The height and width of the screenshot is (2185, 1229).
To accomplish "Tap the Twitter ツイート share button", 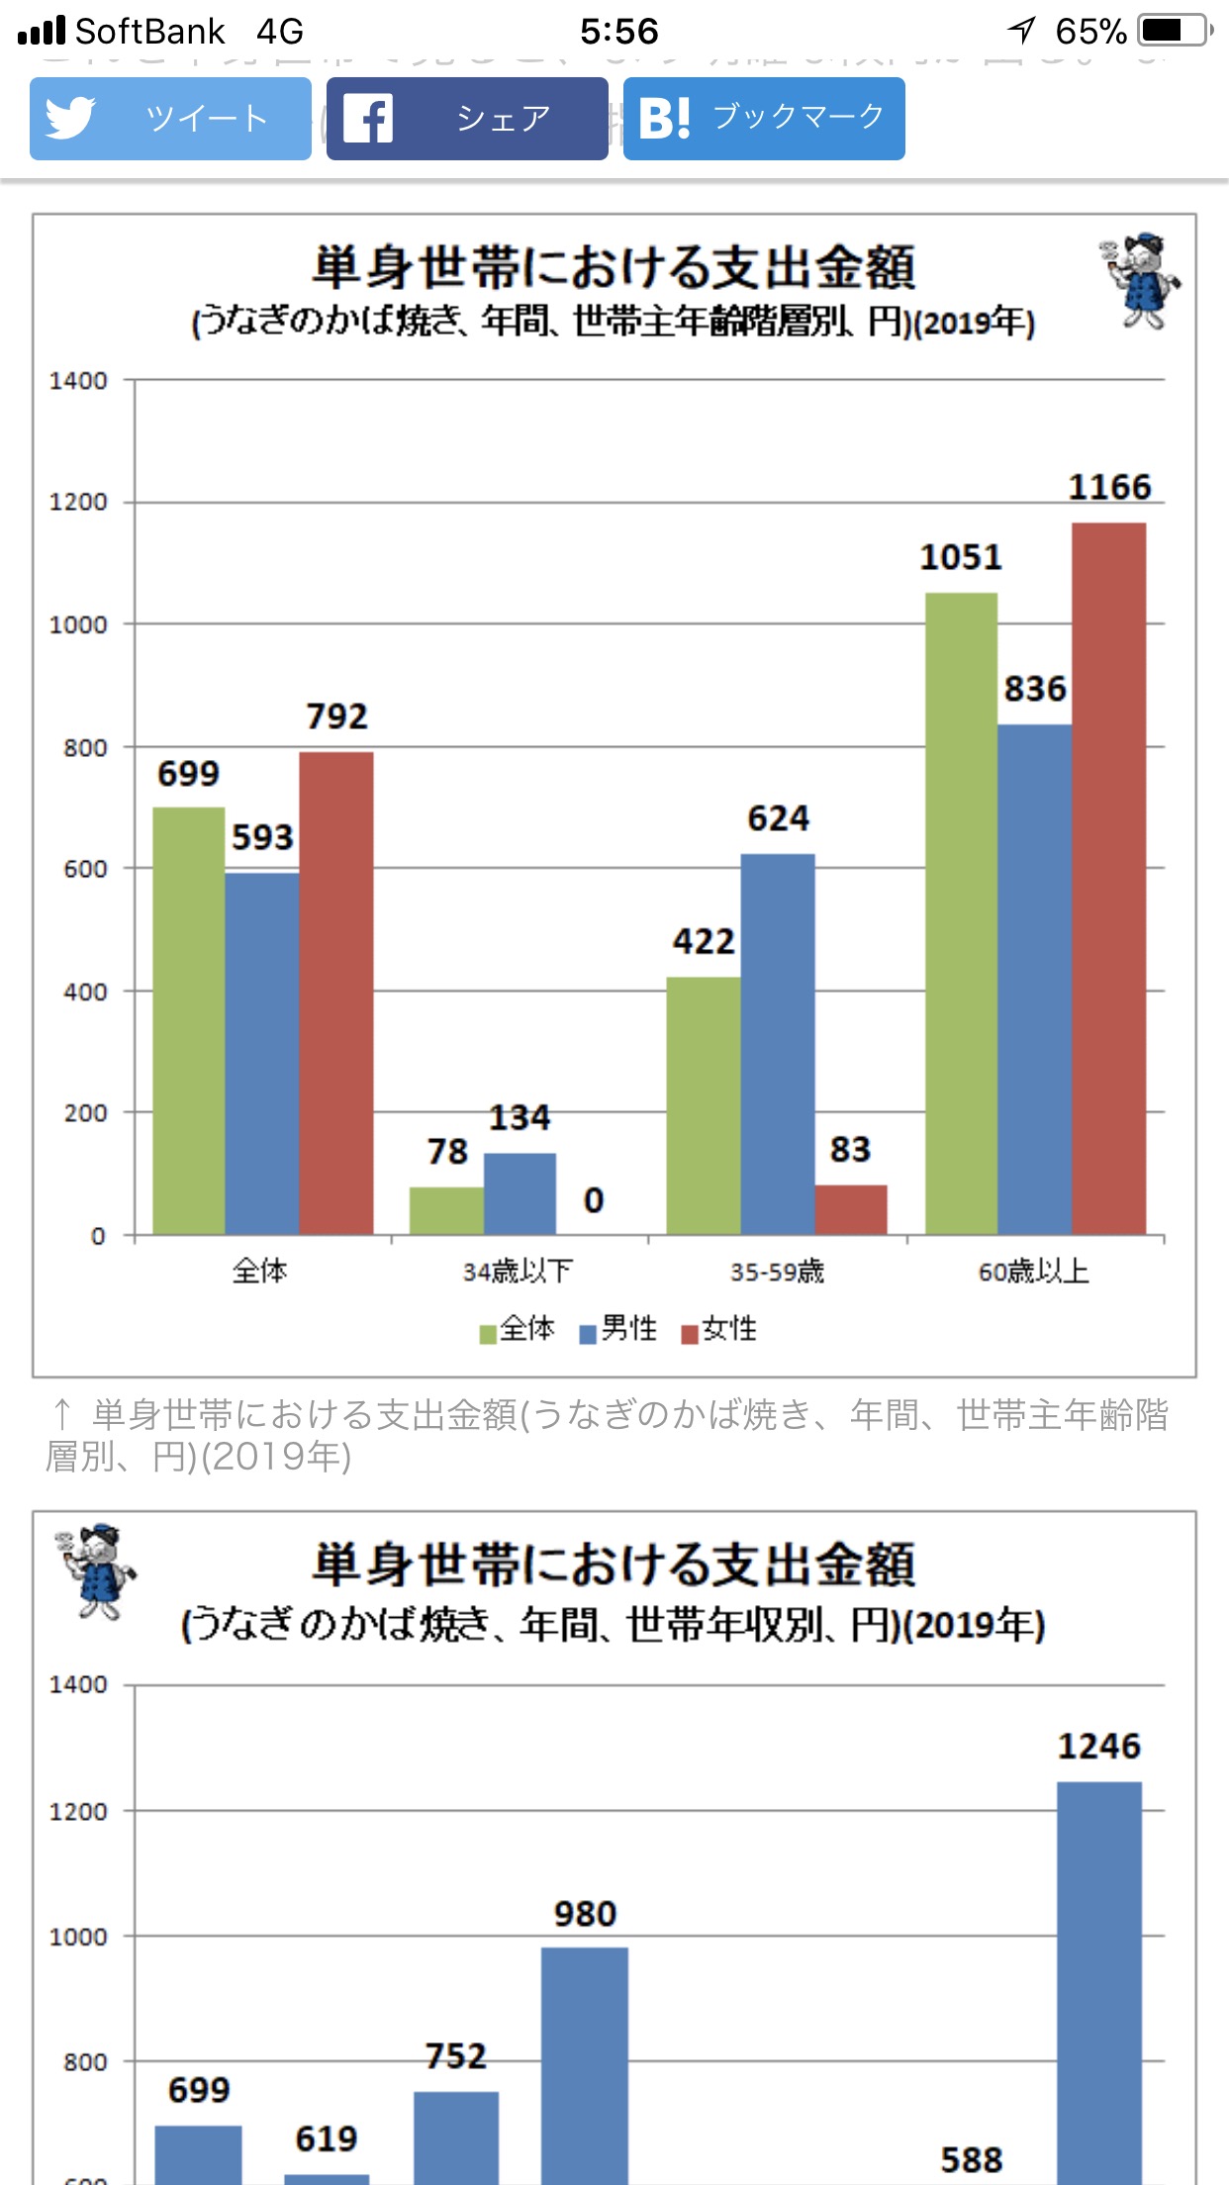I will coord(170,119).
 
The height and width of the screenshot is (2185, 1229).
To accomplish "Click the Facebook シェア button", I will coord(467,119).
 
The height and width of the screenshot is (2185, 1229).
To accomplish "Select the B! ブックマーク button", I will coord(764,119).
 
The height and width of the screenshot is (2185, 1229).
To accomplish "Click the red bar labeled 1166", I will coord(1108,879).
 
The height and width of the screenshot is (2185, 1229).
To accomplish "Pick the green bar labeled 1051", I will coord(961,913).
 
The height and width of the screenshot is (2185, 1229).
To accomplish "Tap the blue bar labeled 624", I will coord(778,1044).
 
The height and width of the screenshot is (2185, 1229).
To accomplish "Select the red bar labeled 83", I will coord(851,1209).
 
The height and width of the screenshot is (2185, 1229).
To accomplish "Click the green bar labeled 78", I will coord(446,1210).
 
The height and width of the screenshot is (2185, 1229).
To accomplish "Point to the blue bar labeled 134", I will coord(520,1193).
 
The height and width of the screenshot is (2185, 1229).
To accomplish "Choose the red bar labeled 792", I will coord(336,993).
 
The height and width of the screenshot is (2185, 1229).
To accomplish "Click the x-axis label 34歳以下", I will coord(518,1272).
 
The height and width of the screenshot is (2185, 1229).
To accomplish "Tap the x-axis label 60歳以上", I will coord(1034,1272).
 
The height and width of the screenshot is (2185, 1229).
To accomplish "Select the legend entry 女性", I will coord(720,1329).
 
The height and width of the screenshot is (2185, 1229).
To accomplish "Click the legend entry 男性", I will coord(618,1329).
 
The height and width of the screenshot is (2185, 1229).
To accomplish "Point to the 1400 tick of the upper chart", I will coord(78,381).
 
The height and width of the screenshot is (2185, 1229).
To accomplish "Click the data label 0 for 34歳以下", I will coord(594,1200).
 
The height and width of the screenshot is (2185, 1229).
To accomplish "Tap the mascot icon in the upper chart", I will coord(1141,281).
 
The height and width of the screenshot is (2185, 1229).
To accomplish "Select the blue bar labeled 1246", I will coord(1099,1979).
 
